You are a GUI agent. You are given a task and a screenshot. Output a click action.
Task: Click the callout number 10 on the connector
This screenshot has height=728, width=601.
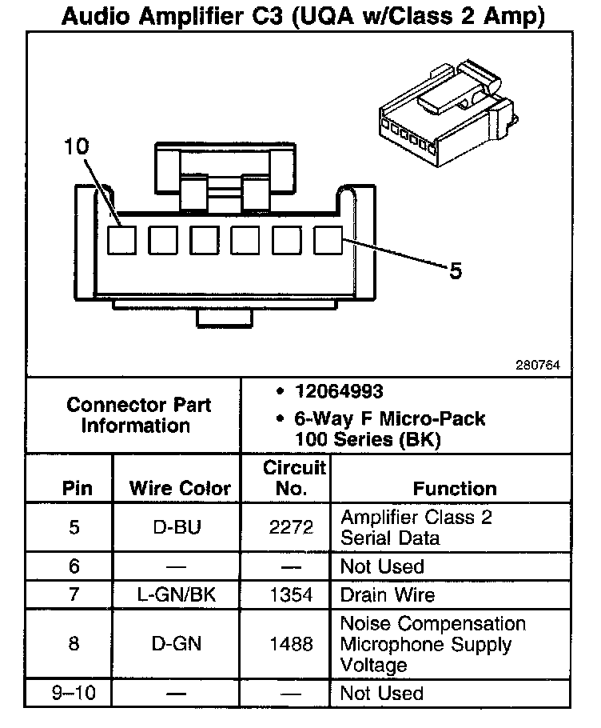(x=78, y=146)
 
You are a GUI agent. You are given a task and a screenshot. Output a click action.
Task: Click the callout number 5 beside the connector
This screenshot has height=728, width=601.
(x=455, y=272)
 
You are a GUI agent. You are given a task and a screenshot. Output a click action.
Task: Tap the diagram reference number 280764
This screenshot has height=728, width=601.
(x=537, y=366)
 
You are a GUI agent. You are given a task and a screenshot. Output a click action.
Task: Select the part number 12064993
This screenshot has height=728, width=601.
(x=338, y=392)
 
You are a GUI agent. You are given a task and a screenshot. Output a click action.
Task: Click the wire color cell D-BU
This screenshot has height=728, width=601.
(x=177, y=527)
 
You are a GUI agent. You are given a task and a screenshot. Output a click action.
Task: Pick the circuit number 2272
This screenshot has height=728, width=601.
(x=285, y=527)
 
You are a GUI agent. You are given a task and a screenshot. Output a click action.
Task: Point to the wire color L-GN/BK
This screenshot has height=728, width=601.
(x=177, y=595)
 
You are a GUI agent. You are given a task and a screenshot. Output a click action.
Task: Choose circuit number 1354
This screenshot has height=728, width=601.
(x=285, y=595)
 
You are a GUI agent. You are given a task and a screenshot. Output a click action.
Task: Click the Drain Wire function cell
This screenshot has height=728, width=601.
(x=388, y=595)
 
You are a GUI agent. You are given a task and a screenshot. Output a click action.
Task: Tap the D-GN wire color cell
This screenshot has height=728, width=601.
(x=177, y=644)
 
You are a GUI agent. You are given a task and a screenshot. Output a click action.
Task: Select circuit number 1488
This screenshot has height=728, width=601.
(x=285, y=644)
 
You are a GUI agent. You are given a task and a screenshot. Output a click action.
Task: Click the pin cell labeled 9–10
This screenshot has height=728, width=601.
(x=74, y=694)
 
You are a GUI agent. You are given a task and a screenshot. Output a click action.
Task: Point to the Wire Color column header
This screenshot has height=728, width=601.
(x=180, y=488)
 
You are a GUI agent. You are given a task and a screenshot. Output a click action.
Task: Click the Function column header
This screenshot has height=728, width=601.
(x=455, y=488)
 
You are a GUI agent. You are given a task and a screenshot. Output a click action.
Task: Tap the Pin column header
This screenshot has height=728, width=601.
(x=77, y=488)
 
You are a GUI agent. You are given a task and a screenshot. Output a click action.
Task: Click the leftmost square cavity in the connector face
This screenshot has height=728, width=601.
(x=122, y=239)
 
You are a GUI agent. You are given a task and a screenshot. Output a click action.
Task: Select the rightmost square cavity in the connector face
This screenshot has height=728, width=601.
(x=328, y=239)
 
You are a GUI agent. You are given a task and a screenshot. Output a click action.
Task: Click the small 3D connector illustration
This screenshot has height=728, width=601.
(x=444, y=116)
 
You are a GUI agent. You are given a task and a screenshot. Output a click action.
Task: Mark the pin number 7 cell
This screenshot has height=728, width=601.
(x=74, y=595)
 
